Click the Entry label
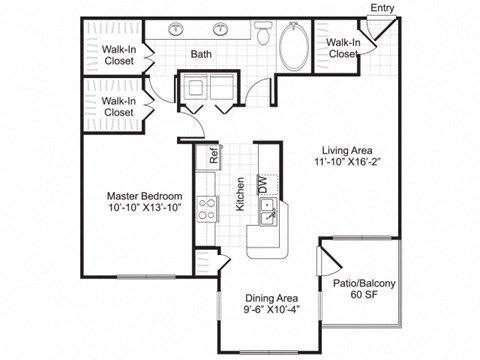click(x=382, y=9)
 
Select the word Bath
click(x=200, y=56)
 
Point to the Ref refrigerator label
click(x=214, y=156)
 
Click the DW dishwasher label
click(x=263, y=183)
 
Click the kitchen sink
click(x=267, y=211)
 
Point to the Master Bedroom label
click(x=146, y=196)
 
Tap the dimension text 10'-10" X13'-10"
click(x=146, y=209)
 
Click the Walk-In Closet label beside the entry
click(x=343, y=49)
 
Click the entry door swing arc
click(x=374, y=32)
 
